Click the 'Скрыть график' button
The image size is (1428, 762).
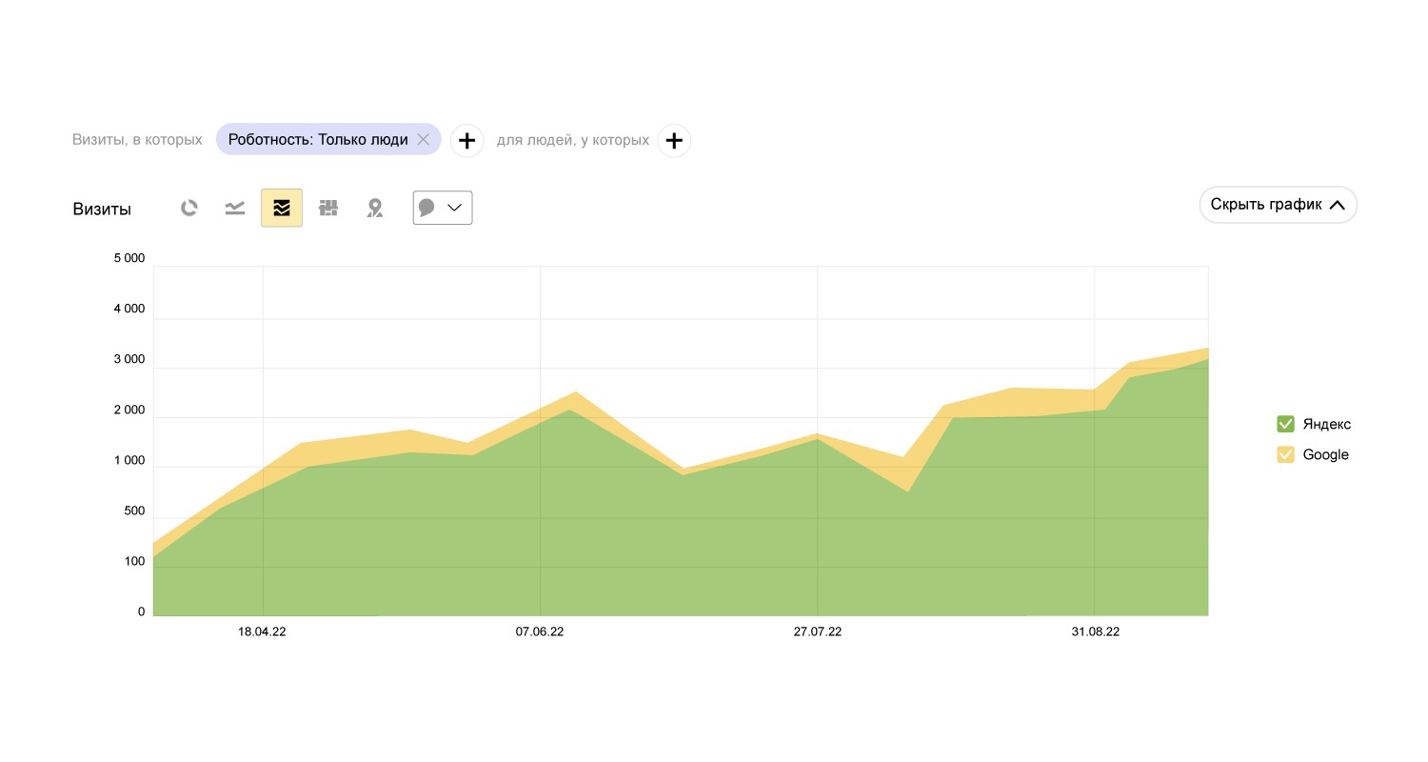pyautogui.click(x=1278, y=205)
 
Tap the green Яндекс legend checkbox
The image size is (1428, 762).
pyautogui.click(x=1285, y=424)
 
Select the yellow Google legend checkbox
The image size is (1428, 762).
pyautogui.click(x=1285, y=454)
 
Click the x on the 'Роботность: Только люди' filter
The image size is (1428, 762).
pyautogui.click(x=424, y=140)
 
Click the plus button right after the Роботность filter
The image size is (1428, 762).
pyautogui.click(x=466, y=141)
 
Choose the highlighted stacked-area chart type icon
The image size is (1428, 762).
pyautogui.click(x=282, y=208)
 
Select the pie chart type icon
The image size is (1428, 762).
pyautogui.click(x=189, y=208)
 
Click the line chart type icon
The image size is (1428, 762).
pyautogui.click(x=235, y=208)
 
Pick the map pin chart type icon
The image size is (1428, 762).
pyautogui.click(x=375, y=208)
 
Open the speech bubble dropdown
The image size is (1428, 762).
pyautogui.click(x=443, y=208)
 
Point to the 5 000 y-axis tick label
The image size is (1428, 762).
pyautogui.click(x=129, y=258)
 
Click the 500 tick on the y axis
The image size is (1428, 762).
pyautogui.click(x=134, y=511)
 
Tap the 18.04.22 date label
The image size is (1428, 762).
pyautogui.click(x=262, y=632)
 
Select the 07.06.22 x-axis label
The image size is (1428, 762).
pyautogui.click(x=540, y=632)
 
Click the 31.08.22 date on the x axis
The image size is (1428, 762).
pyautogui.click(x=1095, y=632)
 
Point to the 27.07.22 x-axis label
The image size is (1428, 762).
pyautogui.click(x=817, y=632)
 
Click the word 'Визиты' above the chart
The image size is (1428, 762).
pyautogui.click(x=102, y=210)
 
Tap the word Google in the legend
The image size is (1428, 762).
pyautogui.click(x=1325, y=454)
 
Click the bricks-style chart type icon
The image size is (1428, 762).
pyautogui.click(x=328, y=208)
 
